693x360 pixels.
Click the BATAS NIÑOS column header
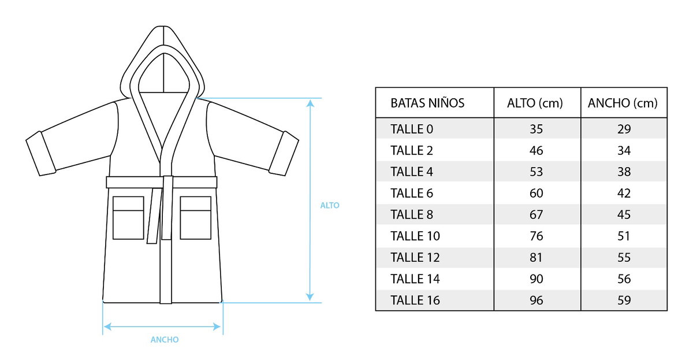click(x=427, y=103)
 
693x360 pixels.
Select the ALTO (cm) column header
click(x=535, y=103)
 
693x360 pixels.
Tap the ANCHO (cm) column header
click(x=623, y=103)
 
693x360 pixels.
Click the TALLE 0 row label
click(x=412, y=129)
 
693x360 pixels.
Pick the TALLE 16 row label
click(x=415, y=300)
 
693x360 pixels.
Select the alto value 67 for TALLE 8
click(x=536, y=214)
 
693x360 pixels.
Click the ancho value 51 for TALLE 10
click(x=624, y=236)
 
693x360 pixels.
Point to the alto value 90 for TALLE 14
click(x=536, y=279)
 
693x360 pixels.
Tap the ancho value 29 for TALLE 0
click(x=624, y=129)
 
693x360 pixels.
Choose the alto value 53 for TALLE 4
click(x=536, y=172)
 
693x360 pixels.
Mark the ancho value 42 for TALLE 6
click(x=624, y=193)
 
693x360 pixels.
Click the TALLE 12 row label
click(x=415, y=258)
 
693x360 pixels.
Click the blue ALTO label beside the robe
click(x=330, y=205)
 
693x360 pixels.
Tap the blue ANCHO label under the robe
click(x=165, y=340)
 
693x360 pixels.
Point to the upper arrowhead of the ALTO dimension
click(x=310, y=103)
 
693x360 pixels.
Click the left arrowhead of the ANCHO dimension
click(x=107, y=326)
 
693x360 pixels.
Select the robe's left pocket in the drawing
click(x=128, y=218)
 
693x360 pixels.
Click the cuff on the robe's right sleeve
click(x=284, y=154)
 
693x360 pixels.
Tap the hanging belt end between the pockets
click(x=154, y=216)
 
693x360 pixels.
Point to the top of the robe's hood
click(x=163, y=27)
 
